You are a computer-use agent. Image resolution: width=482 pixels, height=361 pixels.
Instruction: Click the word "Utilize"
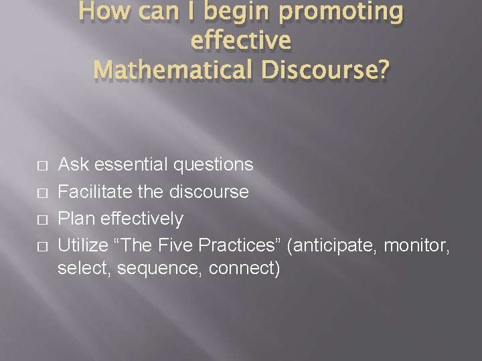pyautogui.click(x=83, y=246)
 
